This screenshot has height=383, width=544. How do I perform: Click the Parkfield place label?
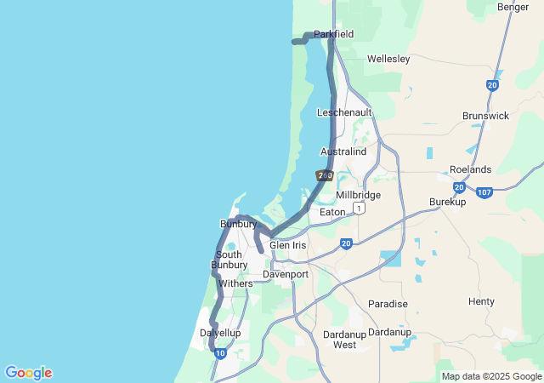point(333,34)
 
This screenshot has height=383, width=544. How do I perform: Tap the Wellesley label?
point(388,59)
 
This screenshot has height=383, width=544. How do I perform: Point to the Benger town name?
point(513,7)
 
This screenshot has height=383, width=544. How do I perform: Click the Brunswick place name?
point(485,115)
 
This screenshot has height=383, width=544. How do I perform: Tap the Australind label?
point(343,151)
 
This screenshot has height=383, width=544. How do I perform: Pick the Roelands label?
point(470,169)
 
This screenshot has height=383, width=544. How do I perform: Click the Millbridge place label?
point(358,195)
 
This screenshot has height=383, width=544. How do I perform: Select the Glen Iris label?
point(287,245)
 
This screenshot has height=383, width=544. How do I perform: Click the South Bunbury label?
point(229,260)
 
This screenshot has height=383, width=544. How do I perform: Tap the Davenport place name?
point(285,275)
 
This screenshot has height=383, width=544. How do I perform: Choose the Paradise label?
point(388,304)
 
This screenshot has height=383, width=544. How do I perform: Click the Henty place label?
point(481,302)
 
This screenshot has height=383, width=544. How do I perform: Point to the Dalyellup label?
point(219,333)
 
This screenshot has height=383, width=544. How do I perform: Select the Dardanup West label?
point(344,340)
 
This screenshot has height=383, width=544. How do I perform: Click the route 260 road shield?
point(324,175)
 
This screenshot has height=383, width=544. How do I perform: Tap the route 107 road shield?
point(484,192)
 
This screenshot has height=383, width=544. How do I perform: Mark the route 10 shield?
point(220,353)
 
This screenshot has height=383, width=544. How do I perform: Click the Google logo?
point(28,373)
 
